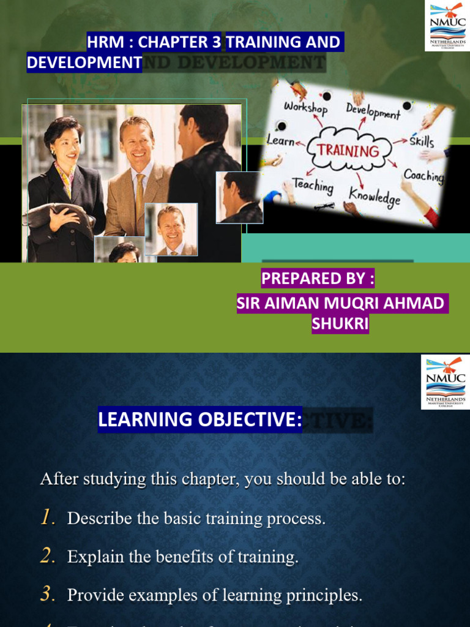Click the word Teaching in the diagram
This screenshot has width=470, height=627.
click(313, 185)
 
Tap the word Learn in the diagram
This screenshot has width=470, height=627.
click(282, 141)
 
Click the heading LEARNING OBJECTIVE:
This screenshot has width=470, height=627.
click(200, 419)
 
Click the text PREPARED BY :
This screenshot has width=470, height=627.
click(318, 279)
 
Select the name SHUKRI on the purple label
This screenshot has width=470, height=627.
click(340, 324)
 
